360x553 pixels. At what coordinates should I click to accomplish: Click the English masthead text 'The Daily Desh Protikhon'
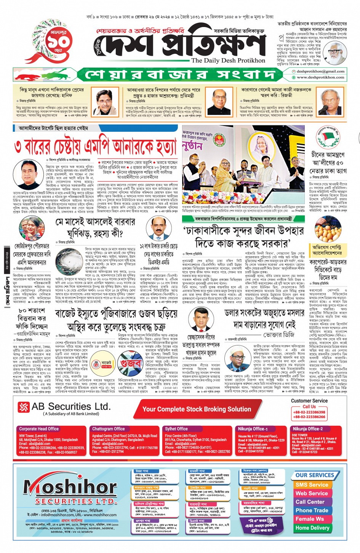[x=228, y=60]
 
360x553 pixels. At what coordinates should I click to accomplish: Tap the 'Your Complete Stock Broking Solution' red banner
[x=197, y=409]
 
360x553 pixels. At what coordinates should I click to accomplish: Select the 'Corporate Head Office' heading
[x=39, y=429]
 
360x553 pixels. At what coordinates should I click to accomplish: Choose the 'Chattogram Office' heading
[x=109, y=429]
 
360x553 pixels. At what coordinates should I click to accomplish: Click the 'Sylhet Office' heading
[x=176, y=429]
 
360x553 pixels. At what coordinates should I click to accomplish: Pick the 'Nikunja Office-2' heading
[x=307, y=429]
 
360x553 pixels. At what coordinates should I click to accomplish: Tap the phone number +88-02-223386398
[x=309, y=412]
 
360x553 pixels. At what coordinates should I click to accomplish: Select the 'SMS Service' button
[x=312, y=485]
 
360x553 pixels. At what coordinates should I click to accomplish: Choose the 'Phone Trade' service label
[x=312, y=510]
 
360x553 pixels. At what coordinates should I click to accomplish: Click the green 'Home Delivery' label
[x=312, y=528]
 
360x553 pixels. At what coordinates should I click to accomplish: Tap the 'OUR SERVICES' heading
[x=315, y=475]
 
